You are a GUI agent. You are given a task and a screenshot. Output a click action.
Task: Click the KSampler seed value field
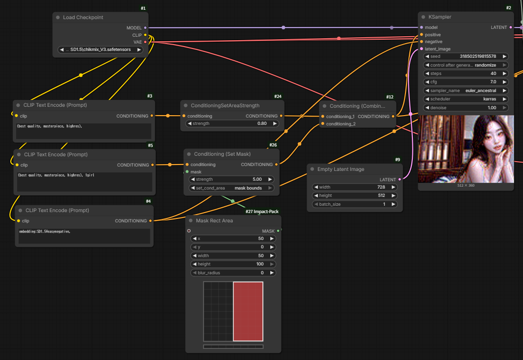pyautogui.click(x=466, y=56)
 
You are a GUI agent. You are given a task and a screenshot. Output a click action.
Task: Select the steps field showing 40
pyautogui.click(x=466, y=73)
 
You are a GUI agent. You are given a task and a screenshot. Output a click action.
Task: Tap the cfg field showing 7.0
pyautogui.click(x=466, y=82)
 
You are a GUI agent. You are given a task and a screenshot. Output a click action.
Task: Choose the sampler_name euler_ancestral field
pyautogui.click(x=466, y=91)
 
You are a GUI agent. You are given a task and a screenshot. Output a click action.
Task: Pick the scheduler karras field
pyautogui.click(x=466, y=99)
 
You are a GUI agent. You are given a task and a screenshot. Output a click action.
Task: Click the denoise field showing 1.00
pyautogui.click(x=466, y=108)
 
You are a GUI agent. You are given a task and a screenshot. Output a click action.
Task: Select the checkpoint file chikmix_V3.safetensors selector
pyautogui.click(x=100, y=49)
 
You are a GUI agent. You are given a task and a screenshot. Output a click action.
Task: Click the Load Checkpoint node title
pyautogui.click(x=83, y=17)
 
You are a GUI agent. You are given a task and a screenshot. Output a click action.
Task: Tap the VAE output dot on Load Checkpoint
pyautogui.click(x=145, y=42)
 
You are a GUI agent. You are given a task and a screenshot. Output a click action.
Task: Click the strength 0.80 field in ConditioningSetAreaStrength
pyautogui.click(x=232, y=123)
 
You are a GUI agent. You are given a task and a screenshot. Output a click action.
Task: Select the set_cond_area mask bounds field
pyautogui.click(x=232, y=188)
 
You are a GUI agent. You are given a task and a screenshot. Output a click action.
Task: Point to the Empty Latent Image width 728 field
pyautogui.click(x=355, y=187)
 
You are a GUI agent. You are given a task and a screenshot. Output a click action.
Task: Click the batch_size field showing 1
pyautogui.click(x=355, y=204)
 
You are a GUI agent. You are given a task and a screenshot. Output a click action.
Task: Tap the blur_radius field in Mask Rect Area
pyautogui.click(x=233, y=273)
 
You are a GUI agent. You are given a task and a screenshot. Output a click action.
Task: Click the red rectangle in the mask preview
pyautogui.click(x=248, y=312)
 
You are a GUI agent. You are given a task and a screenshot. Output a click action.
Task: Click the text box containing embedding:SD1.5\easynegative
pyautogui.click(x=84, y=236)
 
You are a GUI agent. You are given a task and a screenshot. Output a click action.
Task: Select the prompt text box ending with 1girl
pyautogui.click(x=85, y=182)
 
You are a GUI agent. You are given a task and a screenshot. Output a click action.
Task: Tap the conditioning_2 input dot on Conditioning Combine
pyautogui.click(x=323, y=124)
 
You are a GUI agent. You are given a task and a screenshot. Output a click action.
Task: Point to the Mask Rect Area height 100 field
pyautogui.click(x=233, y=264)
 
